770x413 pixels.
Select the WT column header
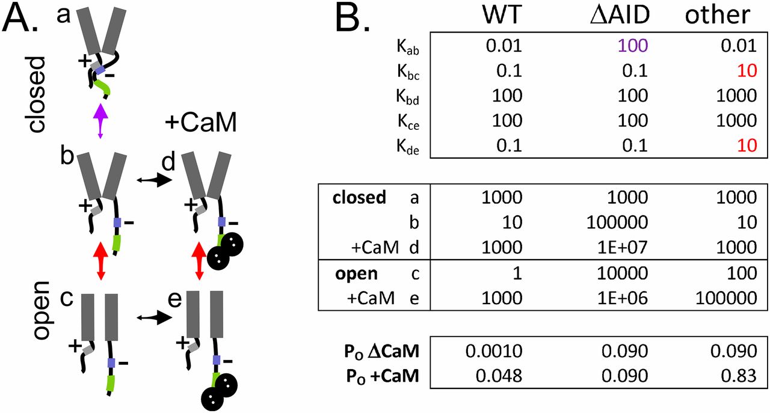coord(502,17)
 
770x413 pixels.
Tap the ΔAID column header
coord(620,17)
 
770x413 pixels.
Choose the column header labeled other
coord(718,17)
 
